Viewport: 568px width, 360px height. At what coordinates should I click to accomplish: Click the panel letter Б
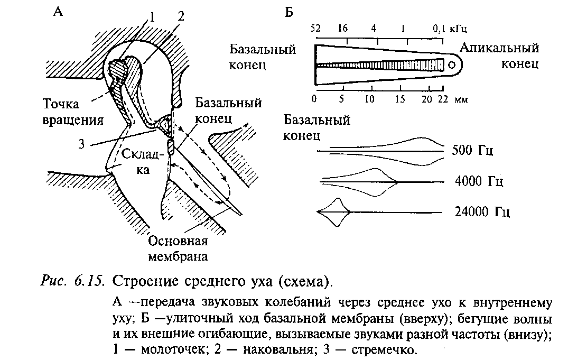click(289, 12)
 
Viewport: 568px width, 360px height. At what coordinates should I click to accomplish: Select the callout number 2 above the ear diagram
click(181, 16)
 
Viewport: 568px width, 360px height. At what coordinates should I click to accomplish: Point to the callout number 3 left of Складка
click(82, 143)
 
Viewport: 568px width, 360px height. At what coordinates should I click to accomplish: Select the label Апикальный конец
click(499, 56)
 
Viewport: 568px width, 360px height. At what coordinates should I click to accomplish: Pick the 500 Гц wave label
click(473, 150)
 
